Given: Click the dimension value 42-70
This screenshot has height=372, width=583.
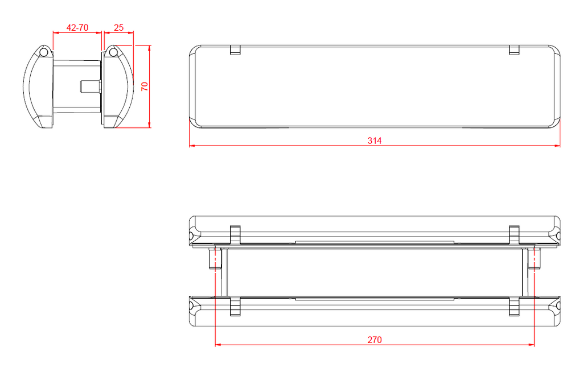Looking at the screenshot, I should [77, 27].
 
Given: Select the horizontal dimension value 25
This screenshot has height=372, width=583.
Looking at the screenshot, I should [119, 27].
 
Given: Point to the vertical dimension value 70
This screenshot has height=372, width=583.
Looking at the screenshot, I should [145, 86].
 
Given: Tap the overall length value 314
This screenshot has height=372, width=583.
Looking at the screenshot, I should [374, 140].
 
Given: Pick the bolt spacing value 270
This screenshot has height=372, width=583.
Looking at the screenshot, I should [374, 340].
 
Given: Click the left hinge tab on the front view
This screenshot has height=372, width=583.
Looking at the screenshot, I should [235, 51].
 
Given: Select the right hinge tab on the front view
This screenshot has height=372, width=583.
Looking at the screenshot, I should [514, 51].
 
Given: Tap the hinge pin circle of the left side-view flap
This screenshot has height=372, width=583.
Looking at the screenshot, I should [43, 52].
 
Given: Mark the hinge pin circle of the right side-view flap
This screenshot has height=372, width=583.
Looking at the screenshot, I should [113, 52].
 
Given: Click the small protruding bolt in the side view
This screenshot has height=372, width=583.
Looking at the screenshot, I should [90, 86].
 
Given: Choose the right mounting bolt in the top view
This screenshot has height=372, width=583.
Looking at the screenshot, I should [535, 259].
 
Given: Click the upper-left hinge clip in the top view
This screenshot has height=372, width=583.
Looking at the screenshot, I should [235, 234].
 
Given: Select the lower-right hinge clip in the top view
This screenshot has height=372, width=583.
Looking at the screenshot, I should [514, 305].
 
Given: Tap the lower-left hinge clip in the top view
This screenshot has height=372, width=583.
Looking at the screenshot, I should [235, 305].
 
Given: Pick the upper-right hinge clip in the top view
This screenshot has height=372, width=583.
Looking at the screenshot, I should [514, 234].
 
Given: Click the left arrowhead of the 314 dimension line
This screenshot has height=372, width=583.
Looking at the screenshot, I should [192, 146].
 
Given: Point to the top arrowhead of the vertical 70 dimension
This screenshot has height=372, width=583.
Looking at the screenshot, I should [149, 48].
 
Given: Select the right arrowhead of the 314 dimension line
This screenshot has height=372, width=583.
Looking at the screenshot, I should [557, 146].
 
